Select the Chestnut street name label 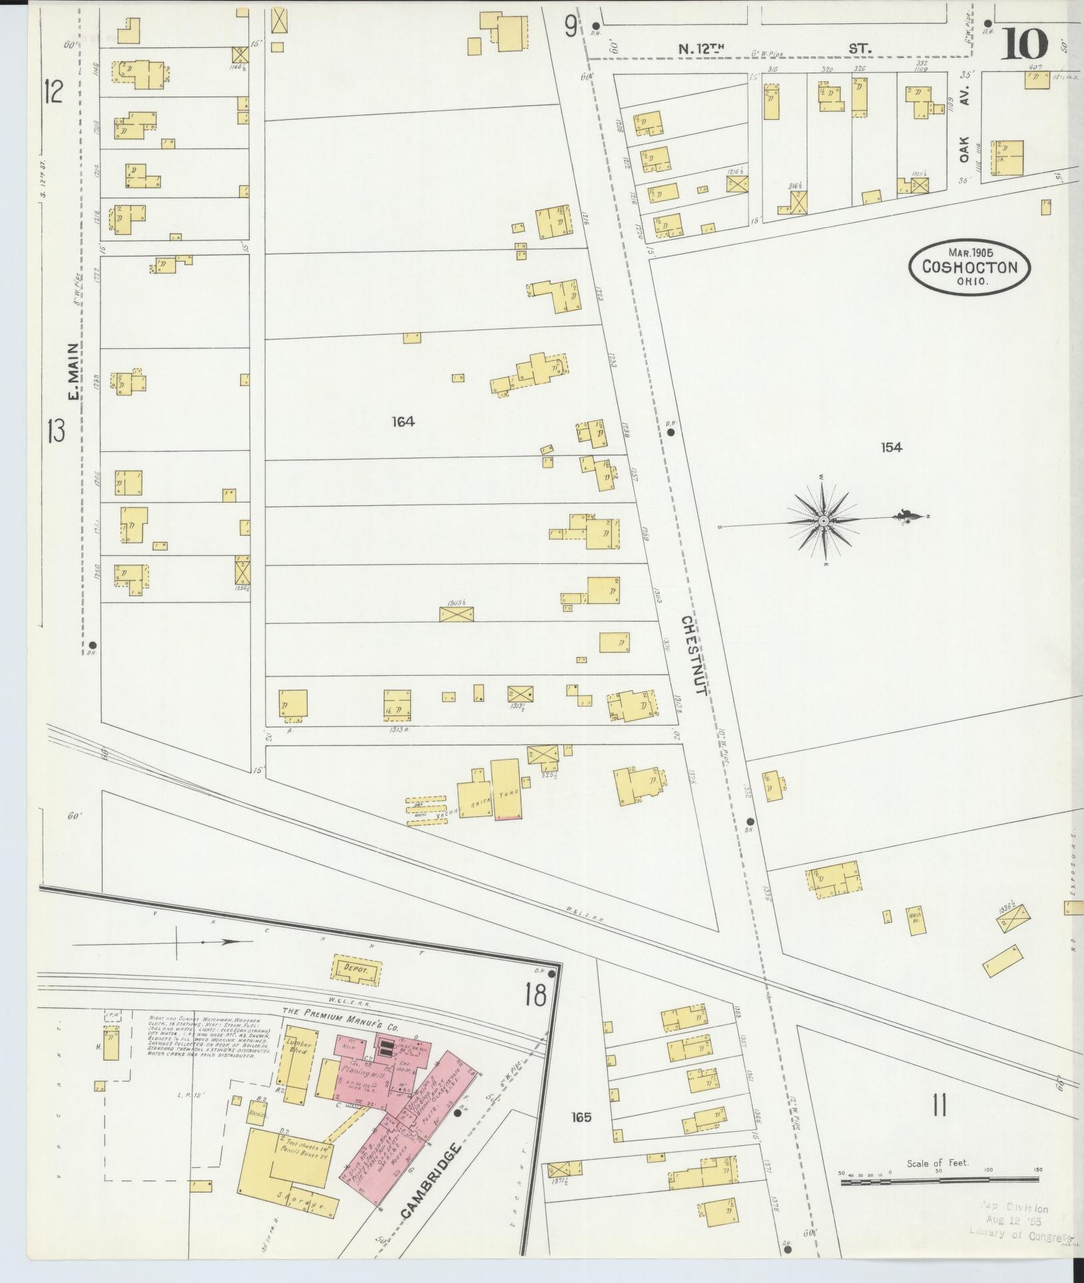click(x=693, y=655)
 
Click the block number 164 click(x=404, y=421)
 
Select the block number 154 click(x=891, y=447)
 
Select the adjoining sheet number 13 click(x=55, y=432)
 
